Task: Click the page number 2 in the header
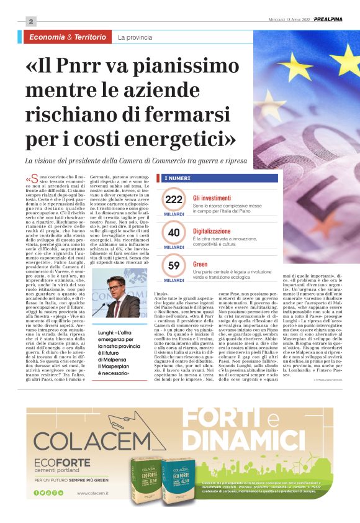[x=31, y=21]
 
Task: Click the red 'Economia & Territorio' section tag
[x=68, y=37]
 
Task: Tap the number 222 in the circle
[x=174, y=199]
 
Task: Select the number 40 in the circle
[x=174, y=232]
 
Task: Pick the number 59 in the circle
[x=174, y=266]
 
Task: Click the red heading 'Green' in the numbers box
[x=200, y=263]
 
